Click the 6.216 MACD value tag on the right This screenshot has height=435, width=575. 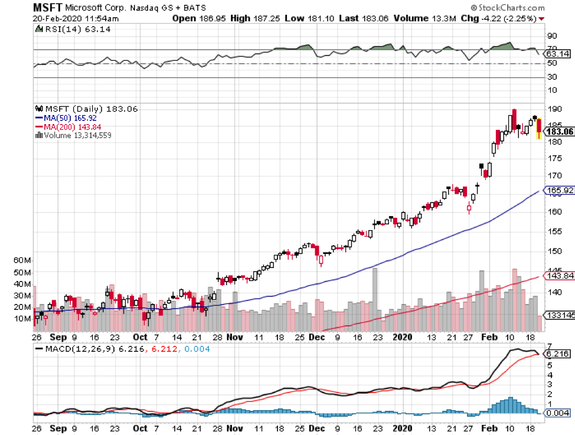click(x=558, y=354)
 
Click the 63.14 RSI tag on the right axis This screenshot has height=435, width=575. click(x=557, y=54)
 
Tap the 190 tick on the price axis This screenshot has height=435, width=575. click(x=553, y=110)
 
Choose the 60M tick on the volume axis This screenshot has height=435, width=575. click(x=21, y=260)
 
